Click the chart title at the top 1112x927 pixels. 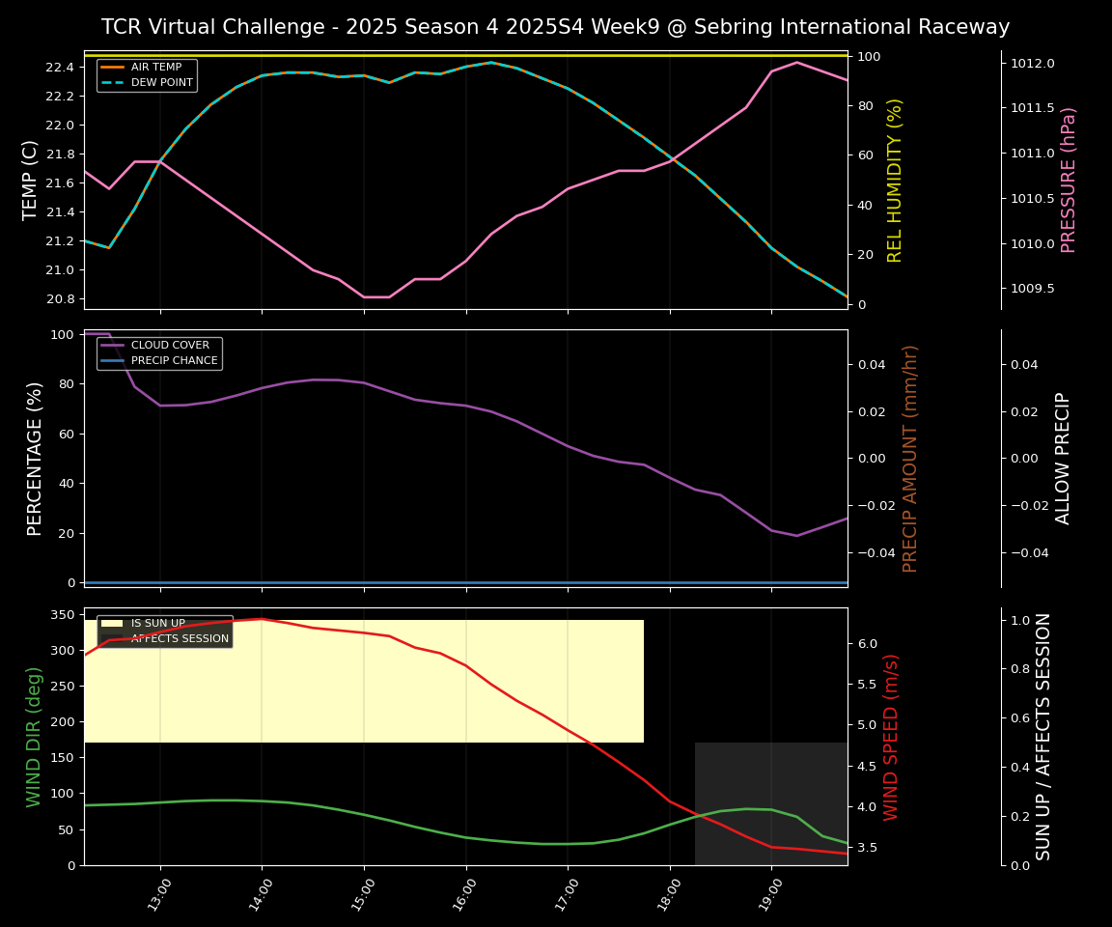[555, 27]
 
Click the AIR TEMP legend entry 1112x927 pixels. [154, 67]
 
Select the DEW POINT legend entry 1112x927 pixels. [161, 82]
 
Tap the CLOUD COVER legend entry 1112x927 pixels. [170, 345]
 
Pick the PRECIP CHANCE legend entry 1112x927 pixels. [174, 360]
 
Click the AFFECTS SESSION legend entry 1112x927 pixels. [180, 638]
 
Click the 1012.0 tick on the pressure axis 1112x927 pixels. [1032, 64]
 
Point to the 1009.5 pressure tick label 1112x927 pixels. [1032, 289]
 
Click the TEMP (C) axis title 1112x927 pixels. [31, 180]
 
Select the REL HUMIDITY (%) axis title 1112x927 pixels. [895, 180]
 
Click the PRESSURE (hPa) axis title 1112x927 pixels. [1069, 180]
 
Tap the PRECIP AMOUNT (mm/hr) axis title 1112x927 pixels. [910, 458]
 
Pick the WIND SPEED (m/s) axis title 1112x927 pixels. [891, 736]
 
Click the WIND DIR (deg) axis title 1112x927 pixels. [35, 736]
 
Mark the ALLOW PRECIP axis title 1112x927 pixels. [1063, 458]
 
